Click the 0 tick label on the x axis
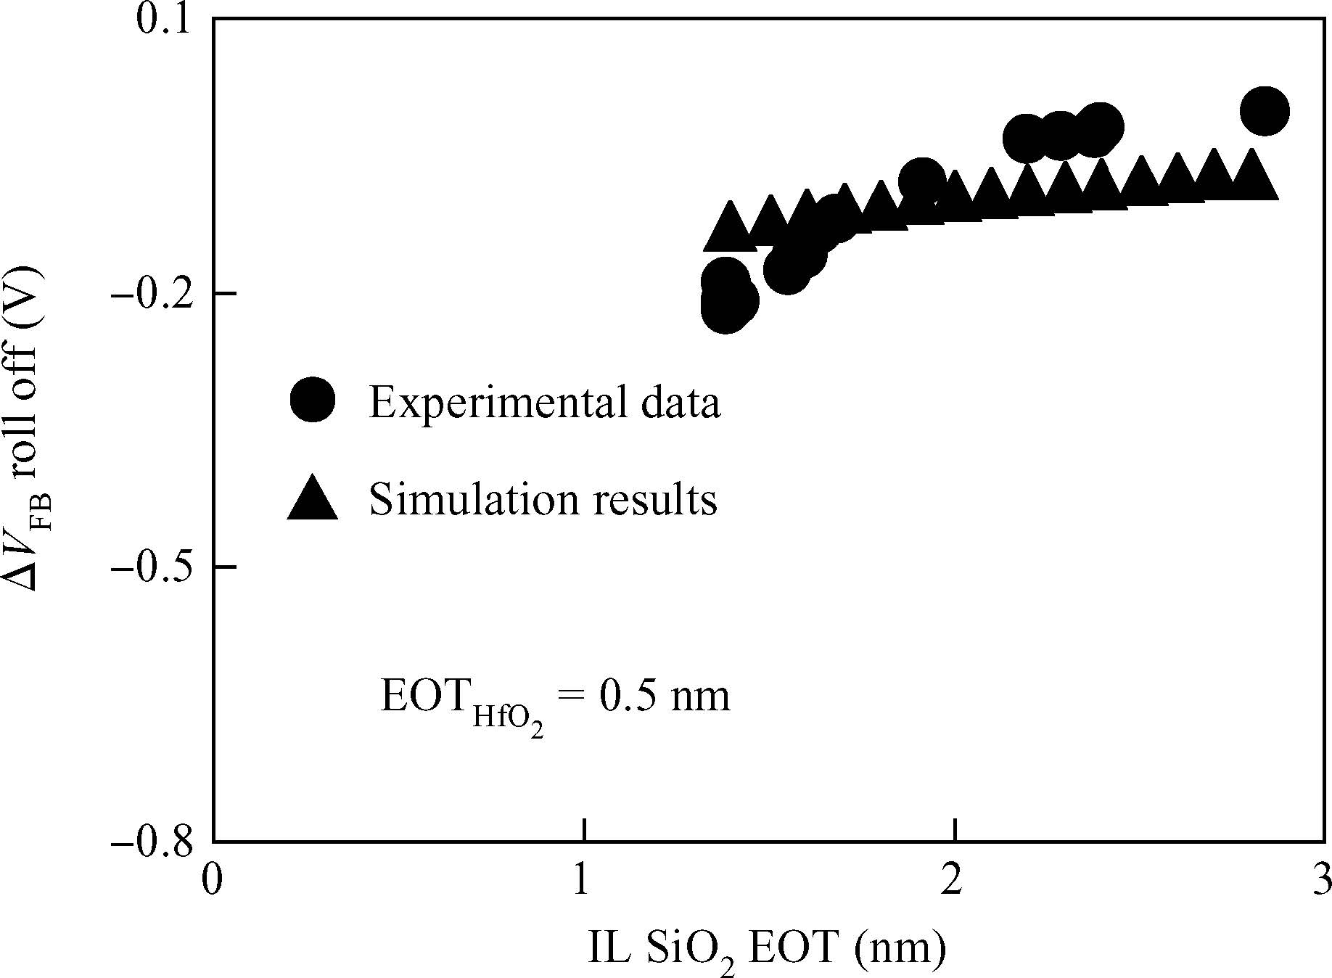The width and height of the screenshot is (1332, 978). [x=212, y=880]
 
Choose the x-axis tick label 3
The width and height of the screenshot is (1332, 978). [x=1323, y=880]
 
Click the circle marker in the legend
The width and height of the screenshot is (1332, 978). [x=313, y=399]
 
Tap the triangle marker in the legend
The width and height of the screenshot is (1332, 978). [x=313, y=499]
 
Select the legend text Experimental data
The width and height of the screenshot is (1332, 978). [x=545, y=401]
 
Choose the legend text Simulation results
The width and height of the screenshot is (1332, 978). [x=543, y=499]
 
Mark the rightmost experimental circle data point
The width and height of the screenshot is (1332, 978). [x=1265, y=112]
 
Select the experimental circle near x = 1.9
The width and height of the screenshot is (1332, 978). [x=921, y=180]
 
